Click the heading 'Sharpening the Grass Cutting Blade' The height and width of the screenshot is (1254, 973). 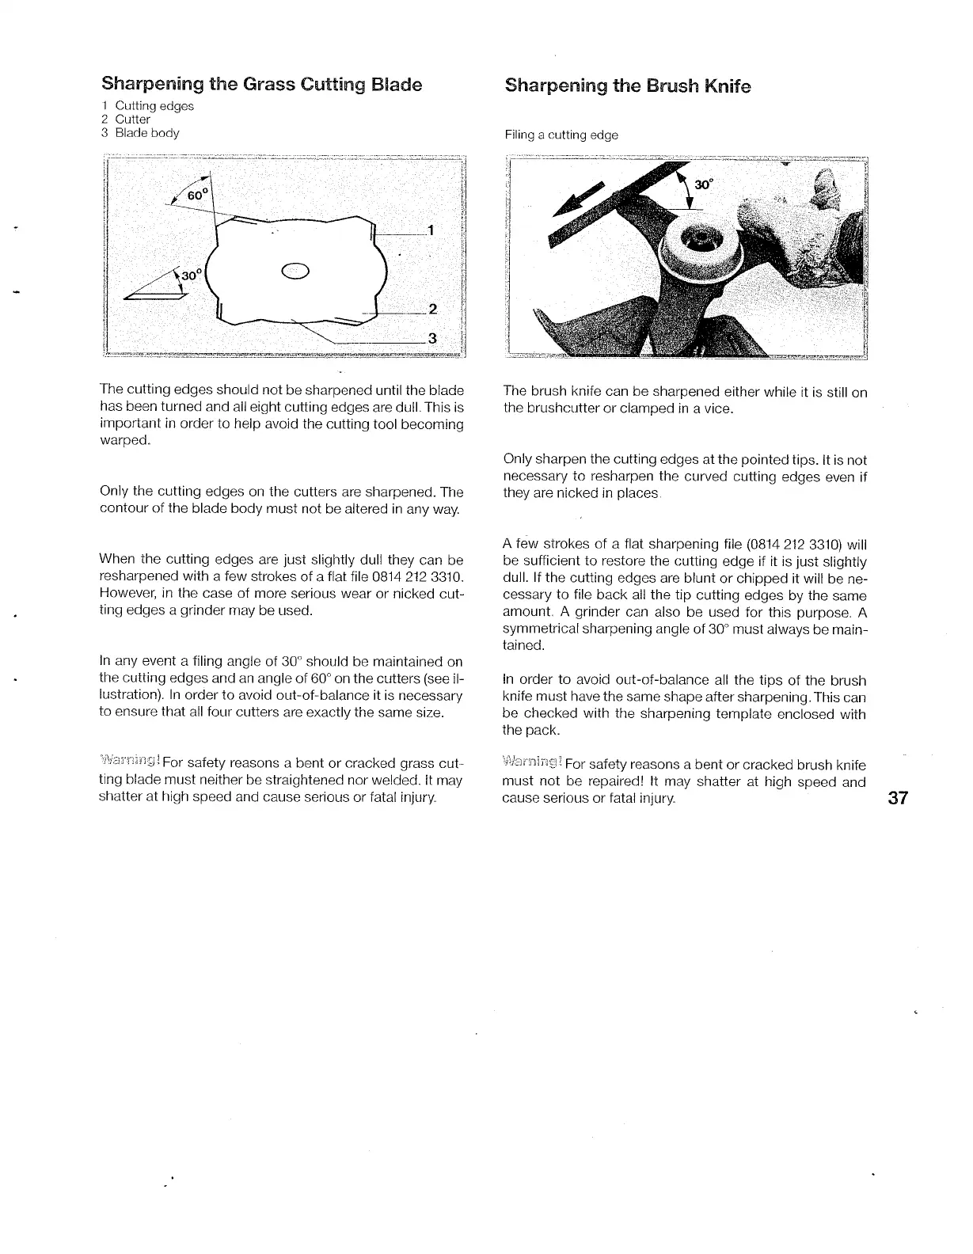point(261,84)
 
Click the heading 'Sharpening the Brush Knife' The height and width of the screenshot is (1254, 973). point(627,85)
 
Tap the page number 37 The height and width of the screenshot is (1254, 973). point(897,797)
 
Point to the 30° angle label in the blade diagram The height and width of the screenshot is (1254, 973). point(192,275)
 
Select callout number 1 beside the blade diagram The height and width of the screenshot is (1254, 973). point(430,231)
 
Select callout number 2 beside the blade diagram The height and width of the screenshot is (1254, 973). point(432,308)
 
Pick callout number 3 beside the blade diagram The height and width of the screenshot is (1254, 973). point(432,339)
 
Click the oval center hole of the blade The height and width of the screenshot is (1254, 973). point(295,270)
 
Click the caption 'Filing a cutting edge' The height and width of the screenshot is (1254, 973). point(561,135)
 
